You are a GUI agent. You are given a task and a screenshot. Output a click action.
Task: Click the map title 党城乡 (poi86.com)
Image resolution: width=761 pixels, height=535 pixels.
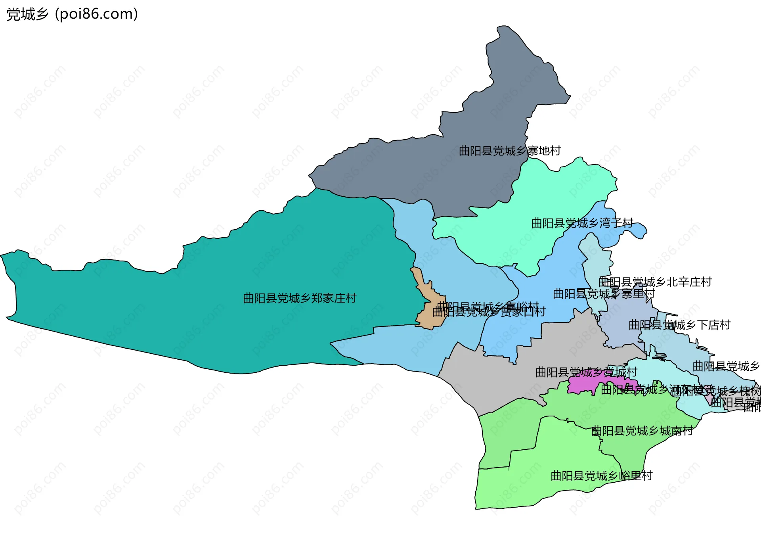click(72, 14)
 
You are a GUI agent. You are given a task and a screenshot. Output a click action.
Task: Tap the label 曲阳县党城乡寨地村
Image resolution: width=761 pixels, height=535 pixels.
click(510, 151)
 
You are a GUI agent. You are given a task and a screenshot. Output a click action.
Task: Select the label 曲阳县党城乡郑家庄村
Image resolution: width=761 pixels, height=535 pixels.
click(300, 298)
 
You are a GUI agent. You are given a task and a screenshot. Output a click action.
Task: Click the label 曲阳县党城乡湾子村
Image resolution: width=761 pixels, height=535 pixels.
click(582, 223)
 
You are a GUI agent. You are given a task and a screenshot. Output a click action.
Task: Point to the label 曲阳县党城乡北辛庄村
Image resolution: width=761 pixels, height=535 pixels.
click(655, 282)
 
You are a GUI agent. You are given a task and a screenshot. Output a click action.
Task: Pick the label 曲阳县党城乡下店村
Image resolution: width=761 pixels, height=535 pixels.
click(679, 325)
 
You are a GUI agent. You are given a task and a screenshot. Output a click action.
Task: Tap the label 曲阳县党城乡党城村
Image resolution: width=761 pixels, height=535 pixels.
click(586, 372)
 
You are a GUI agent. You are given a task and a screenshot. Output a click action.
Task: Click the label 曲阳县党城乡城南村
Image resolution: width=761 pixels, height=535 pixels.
click(642, 431)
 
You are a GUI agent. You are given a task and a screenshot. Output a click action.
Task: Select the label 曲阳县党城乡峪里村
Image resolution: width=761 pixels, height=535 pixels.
click(601, 476)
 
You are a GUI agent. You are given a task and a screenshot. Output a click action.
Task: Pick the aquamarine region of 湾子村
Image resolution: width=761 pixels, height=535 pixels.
click(515, 238)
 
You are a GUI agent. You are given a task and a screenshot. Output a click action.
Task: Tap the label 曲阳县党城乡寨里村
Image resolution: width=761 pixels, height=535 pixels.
click(604, 294)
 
